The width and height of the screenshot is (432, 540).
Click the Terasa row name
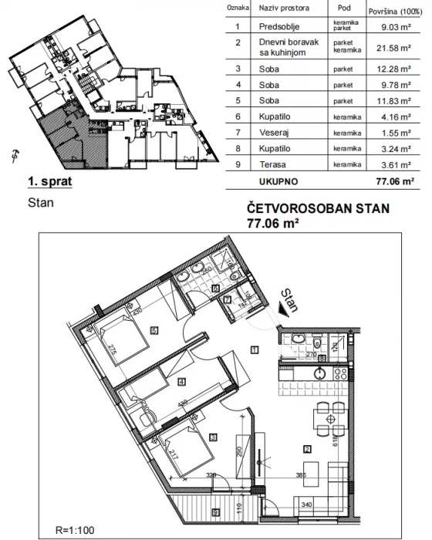[274, 165]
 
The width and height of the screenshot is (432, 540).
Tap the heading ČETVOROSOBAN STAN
[319, 208]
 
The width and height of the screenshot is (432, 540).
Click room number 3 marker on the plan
[213, 437]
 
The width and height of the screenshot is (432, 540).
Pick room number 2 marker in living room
[306, 449]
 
